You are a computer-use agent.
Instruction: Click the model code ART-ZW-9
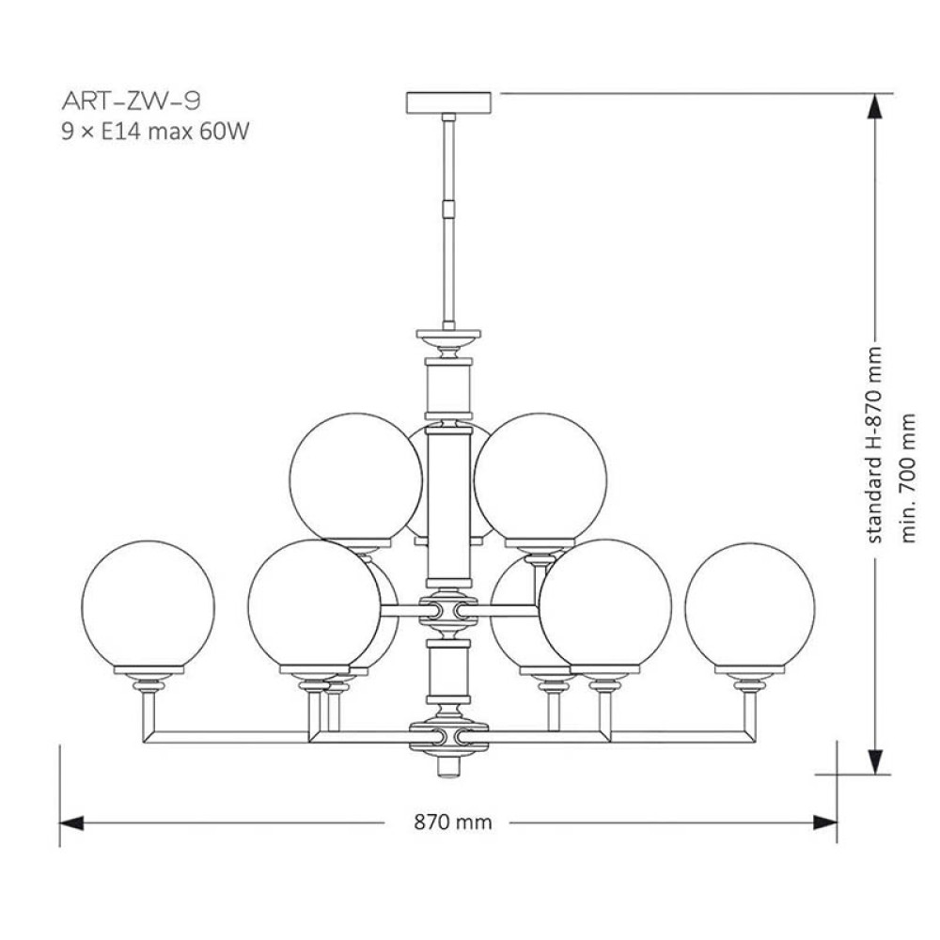click(131, 101)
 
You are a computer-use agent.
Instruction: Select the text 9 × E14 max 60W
click(155, 131)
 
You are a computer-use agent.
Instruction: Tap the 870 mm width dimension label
click(453, 822)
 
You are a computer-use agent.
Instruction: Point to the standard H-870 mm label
click(874, 445)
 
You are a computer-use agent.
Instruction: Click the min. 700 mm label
click(908, 478)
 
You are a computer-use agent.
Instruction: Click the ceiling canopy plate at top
click(448, 102)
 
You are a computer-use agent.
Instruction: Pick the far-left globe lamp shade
click(148, 606)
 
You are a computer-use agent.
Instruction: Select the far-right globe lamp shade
click(750, 607)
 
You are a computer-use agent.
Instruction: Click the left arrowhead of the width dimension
click(71, 823)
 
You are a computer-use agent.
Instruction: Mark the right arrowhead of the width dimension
click(825, 823)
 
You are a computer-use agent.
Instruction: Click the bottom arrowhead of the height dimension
click(875, 761)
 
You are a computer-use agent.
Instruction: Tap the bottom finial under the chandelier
click(448, 765)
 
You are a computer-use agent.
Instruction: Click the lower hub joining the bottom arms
click(448, 737)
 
